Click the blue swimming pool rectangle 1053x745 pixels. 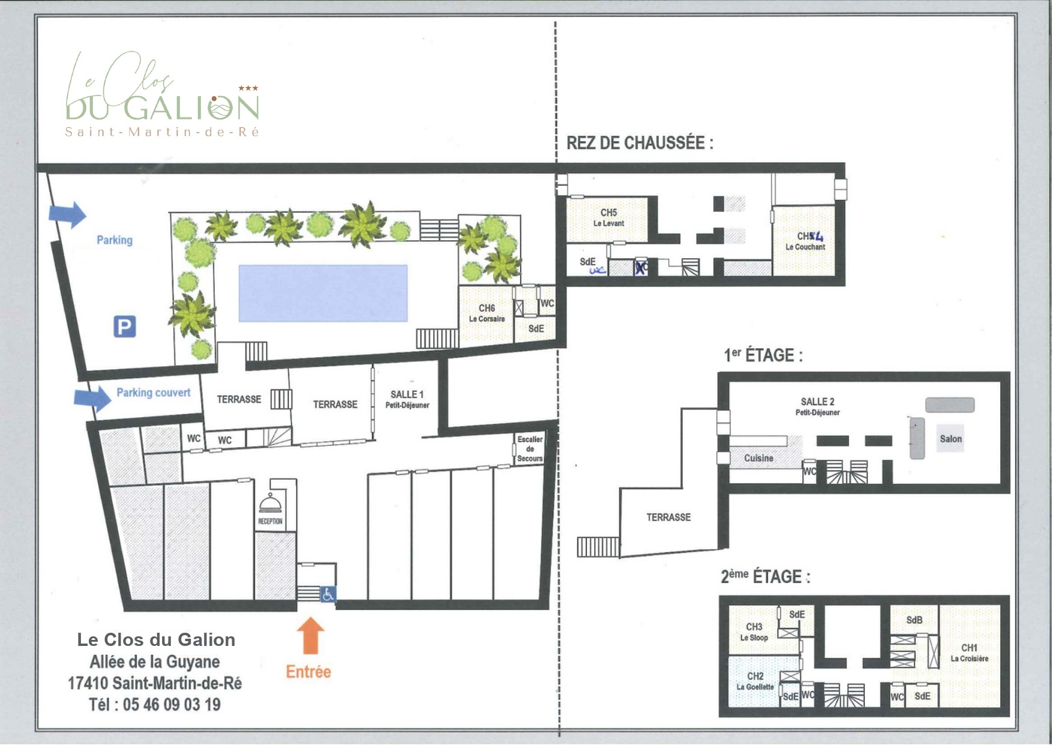323,293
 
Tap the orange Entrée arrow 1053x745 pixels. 310,636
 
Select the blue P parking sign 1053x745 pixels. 125,327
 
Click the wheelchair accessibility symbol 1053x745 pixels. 328,594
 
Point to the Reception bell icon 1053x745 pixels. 269,502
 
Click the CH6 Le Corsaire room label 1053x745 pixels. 487,313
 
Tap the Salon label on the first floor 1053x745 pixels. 950,439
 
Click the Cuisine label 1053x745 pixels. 758,458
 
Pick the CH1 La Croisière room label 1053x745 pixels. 969,653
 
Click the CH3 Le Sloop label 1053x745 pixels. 754,632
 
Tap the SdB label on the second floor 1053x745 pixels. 914,620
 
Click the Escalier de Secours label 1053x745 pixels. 530,448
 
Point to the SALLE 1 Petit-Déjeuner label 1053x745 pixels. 407,399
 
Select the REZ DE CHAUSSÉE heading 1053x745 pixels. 640,143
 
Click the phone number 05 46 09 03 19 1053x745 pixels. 172,704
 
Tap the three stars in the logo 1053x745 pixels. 248,88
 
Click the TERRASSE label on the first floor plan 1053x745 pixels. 668,517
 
